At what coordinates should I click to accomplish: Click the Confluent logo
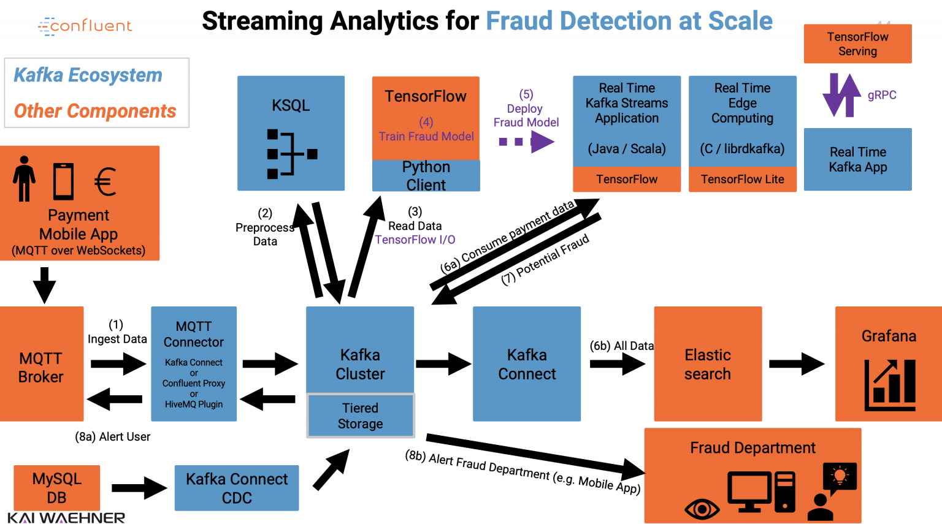tap(85, 26)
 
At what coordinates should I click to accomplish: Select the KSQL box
tap(291, 133)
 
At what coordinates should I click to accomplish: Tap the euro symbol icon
tap(105, 181)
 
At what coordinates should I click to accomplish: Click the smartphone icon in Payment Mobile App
tap(63, 181)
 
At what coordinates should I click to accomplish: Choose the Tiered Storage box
tap(360, 416)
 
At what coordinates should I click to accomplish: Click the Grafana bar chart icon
tap(890, 385)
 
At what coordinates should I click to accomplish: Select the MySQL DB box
tap(56, 488)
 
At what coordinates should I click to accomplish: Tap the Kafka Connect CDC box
tap(237, 488)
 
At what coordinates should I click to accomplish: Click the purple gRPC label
tap(881, 95)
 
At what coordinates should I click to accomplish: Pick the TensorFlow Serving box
tap(857, 44)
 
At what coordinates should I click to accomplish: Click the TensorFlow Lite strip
tap(742, 180)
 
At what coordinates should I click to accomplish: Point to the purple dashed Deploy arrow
tap(526, 142)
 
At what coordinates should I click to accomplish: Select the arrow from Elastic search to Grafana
tap(796, 364)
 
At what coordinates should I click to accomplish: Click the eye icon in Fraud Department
tap(702, 509)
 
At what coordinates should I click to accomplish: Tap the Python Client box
tap(426, 176)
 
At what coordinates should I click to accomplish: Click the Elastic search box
tap(708, 364)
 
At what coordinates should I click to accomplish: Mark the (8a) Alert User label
tap(112, 437)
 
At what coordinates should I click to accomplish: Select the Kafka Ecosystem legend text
tap(88, 75)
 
